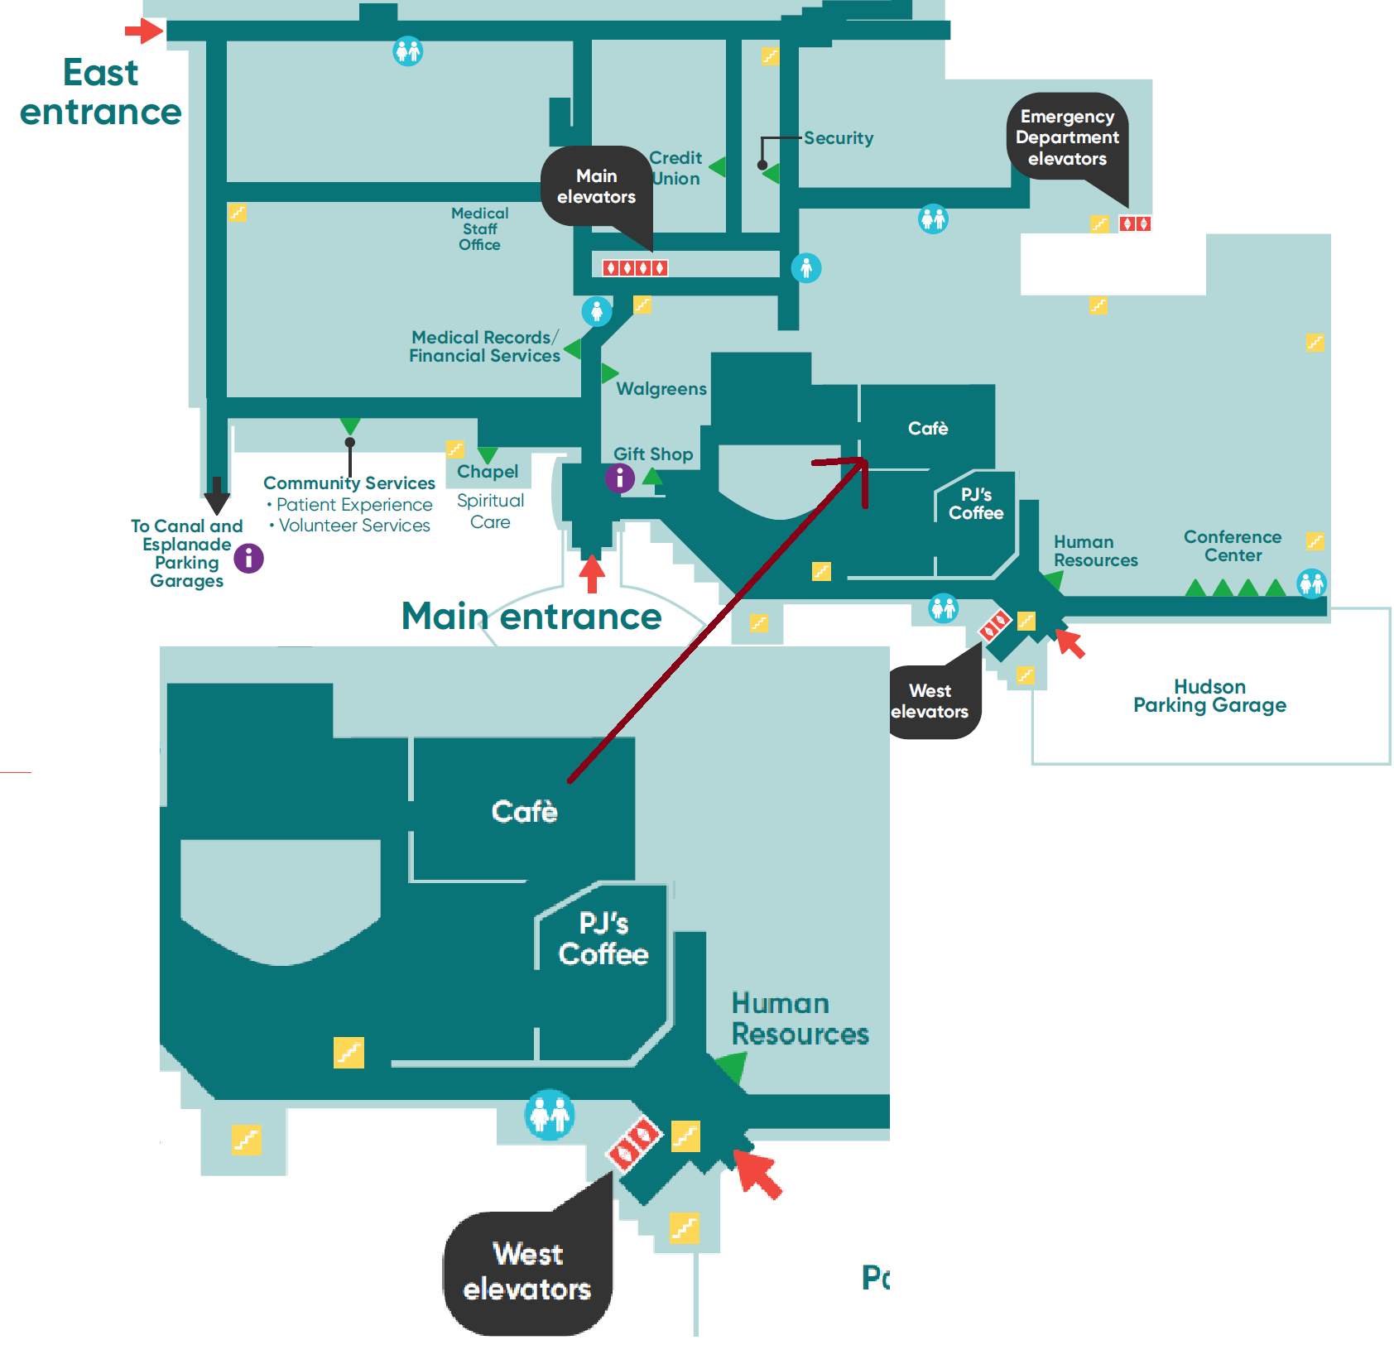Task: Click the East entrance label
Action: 100,92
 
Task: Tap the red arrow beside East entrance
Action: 144,31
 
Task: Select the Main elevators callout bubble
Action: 596,187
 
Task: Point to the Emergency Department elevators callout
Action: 1067,138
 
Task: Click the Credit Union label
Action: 675,168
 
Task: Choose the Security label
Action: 839,138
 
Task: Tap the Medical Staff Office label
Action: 480,229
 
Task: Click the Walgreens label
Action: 661,389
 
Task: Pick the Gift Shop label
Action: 653,454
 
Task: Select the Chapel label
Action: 488,472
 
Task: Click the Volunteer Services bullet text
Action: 354,526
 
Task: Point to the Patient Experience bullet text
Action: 354,505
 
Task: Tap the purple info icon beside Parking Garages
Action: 248,559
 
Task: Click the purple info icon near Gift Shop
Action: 619,478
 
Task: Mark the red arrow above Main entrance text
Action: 592,574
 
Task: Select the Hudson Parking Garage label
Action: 1209,696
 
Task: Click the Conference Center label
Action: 1233,546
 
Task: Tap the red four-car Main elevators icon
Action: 635,267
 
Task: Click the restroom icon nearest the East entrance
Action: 407,51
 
